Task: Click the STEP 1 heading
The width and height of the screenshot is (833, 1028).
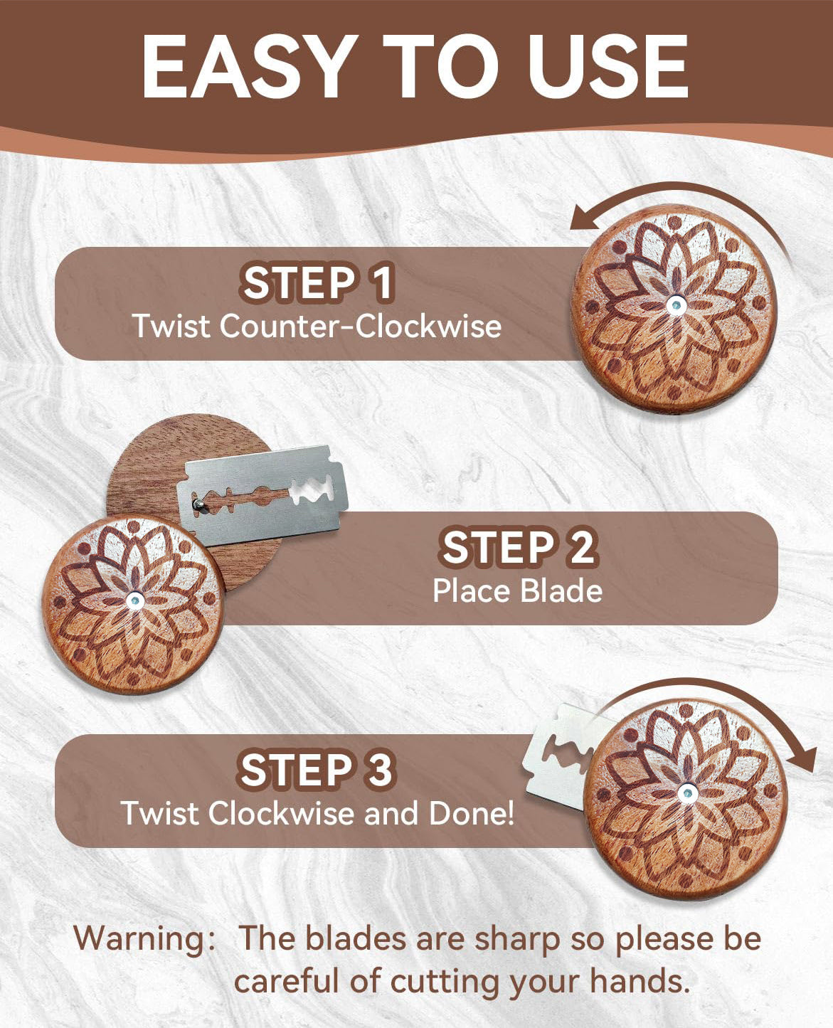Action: tap(317, 283)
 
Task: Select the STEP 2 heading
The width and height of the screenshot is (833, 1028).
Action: tap(519, 547)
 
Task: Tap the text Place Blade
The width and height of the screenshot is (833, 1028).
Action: tap(517, 590)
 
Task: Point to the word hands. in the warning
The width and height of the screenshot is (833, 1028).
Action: tap(639, 982)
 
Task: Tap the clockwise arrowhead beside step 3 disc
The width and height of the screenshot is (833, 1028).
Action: tap(801, 761)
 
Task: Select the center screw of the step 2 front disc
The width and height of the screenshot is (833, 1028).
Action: tap(134, 601)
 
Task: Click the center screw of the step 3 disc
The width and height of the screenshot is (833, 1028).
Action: tap(686, 793)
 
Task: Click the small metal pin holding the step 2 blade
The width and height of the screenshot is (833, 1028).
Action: tap(198, 505)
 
